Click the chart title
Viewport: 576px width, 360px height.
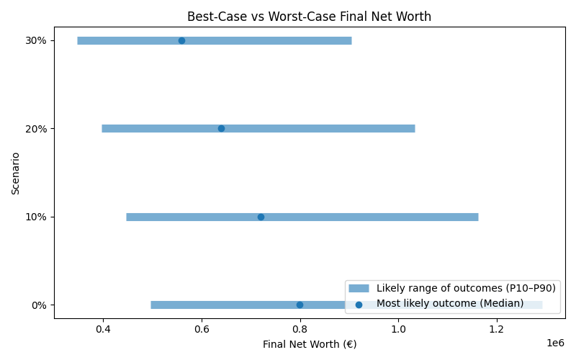click(309, 17)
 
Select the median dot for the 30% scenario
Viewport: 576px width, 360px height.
click(181, 40)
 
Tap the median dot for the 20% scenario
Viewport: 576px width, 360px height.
click(221, 128)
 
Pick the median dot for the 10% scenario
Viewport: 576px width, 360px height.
click(261, 217)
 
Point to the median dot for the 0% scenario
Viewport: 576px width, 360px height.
click(300, 305)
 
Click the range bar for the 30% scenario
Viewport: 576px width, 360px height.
click(288, 40)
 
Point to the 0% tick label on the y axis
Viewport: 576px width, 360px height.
click(40, 305)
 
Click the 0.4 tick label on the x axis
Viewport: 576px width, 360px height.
click(103, 330)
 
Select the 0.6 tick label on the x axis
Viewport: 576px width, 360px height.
click(202, 330)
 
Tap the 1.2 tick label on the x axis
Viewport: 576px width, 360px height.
click(496, 330)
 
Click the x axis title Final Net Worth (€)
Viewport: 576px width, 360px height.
click(309, 344)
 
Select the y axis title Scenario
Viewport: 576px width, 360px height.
click(16, 173)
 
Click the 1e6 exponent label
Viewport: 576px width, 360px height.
click(555, 343)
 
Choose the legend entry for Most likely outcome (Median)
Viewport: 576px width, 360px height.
click(450, 303)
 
